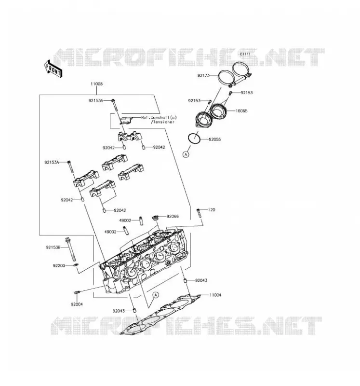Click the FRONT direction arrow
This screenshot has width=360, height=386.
coord(53,69)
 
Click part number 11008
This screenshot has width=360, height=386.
coord(97,84)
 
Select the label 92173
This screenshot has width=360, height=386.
coord(203,75)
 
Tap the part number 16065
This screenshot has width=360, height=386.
coord(241,111)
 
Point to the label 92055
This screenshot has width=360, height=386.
coord(215,139)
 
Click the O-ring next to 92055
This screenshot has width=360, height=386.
coord(194,138)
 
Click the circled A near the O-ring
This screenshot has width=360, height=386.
coord(186,154)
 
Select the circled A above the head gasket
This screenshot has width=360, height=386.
coord(155,295)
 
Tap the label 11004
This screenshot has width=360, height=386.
coord(215,295)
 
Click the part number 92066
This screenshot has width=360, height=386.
coord(173,216)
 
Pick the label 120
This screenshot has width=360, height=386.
coord(212,210)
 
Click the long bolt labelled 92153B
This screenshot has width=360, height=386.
coord(70,249)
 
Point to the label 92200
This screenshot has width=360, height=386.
coord(59,266)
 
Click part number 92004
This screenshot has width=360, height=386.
coord(77,304)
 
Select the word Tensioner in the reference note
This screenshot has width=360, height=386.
coord(163,122)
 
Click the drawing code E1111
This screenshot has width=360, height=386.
coord(245,54)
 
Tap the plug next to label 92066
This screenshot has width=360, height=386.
coord(155,218)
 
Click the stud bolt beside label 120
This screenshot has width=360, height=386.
coord(199,213)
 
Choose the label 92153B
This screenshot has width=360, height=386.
coord(53,247)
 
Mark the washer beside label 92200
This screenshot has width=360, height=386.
coord(76,264)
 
